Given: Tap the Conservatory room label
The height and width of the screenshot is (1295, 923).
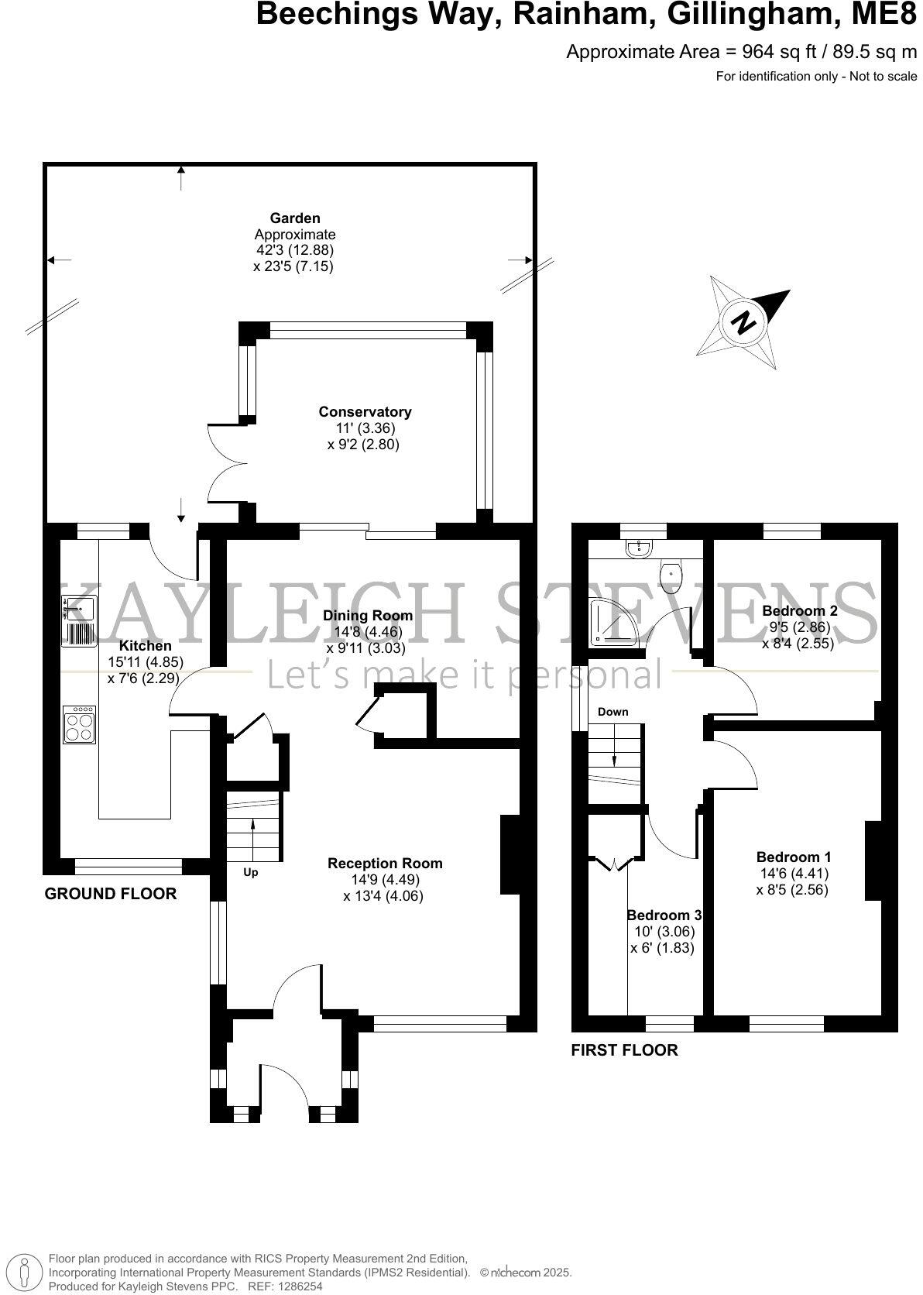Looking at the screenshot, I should pos(365,412).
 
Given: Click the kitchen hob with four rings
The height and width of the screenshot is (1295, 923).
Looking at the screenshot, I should pos(79,725).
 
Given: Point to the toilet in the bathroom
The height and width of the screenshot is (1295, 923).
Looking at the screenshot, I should pos(671,576).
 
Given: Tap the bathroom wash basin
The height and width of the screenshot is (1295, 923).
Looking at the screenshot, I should pos(642,548).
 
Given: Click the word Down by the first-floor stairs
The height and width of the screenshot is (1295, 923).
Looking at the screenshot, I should pos(612,712).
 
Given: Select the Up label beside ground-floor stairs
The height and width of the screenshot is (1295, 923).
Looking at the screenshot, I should pos(250,872).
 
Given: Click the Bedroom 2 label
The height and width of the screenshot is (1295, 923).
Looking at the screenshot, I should pos(799,610).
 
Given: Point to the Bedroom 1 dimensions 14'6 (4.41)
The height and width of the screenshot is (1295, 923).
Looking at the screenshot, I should pos(794,874).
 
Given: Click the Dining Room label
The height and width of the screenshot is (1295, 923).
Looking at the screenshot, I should pos(368,616).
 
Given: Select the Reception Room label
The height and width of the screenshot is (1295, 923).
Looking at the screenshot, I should pos(385,863).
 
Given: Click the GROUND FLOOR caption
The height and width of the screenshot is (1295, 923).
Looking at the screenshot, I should pos(110,894).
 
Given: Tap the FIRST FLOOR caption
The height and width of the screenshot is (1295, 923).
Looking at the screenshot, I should pos(623,1050).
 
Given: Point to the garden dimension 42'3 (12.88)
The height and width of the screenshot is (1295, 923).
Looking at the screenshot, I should pos(294,250).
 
